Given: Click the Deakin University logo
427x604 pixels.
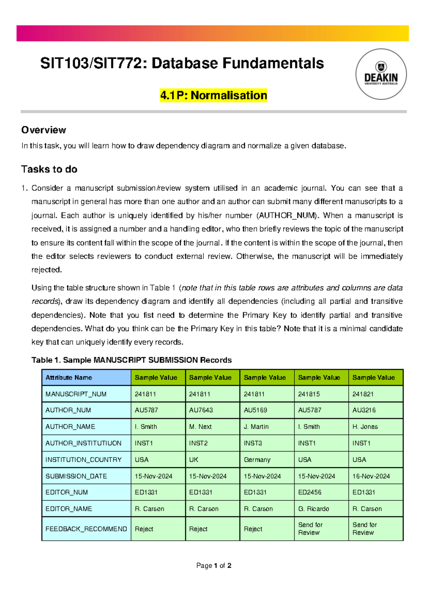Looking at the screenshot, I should point(381,74).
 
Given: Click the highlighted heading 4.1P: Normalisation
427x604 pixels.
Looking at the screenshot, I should point(213,95).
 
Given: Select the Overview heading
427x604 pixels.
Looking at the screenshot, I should point(43,130).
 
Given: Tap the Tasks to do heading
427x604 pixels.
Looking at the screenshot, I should point(49,169).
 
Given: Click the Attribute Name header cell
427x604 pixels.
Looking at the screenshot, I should point(86,377).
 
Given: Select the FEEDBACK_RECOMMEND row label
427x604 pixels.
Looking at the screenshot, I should point(86,529).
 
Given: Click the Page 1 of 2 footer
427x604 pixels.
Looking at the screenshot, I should point(213,566).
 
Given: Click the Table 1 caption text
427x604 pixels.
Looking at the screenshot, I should point(131,360).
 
